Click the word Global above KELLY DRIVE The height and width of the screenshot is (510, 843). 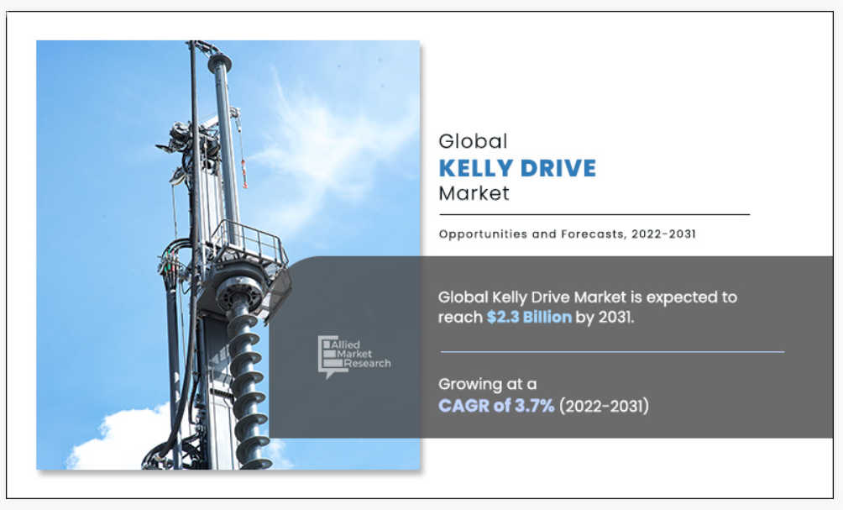473,141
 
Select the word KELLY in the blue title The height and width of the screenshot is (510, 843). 474,168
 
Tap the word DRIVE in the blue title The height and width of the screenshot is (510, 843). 558,168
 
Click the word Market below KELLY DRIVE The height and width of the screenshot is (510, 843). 474,193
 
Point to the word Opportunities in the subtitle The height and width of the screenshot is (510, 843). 475,234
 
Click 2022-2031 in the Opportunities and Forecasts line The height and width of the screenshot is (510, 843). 663,234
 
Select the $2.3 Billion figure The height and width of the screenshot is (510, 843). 529,317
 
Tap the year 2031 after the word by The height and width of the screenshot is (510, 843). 616,317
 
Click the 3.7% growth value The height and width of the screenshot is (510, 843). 534,405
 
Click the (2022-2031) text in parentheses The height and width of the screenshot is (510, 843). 604,406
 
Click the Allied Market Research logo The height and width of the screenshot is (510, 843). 353,355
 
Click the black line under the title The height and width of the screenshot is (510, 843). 594,214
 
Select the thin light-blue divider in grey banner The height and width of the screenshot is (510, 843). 612,352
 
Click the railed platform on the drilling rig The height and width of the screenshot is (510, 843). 248,249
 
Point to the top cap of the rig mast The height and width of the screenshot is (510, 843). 220,61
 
